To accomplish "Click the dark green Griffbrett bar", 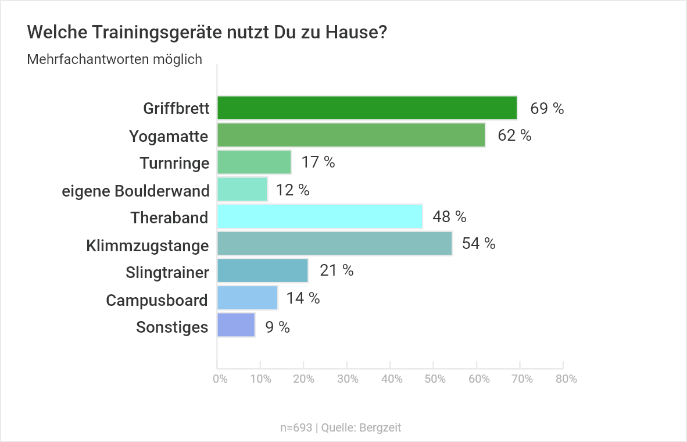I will [x=367, y=108].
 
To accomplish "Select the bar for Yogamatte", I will [x=351, y=135].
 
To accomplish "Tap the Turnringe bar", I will [x=254, y=162].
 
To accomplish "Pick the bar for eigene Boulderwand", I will [x=242, y=190].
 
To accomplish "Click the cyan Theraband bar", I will [x=320, y=216].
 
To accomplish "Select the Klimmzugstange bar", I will [x=335, y=244].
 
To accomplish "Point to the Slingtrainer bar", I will [x=262, y=270].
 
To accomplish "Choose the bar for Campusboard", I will [x=248, y=298].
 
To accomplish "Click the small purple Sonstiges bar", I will [x=236, y=325].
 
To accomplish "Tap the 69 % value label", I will [x=547, y=109].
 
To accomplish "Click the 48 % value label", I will [x=449, y=217].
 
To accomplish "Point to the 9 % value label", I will [x=277, y=327].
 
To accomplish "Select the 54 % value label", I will [x=478, y=244].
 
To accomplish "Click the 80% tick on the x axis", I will [x=566, y=379].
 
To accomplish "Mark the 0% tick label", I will [x=220, y=379].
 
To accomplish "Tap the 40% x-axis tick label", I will [x=392, y=379].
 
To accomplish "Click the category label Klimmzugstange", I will [x=148, y=246].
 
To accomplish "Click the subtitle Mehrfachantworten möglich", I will [x=114, y=59].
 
